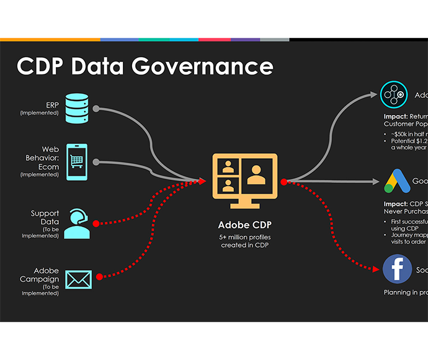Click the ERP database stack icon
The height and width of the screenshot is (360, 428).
(78, 109)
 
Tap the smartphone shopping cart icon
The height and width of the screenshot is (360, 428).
(77, 161)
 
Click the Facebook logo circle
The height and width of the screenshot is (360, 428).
(398, 270)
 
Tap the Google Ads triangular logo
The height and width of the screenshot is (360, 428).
(397, 181)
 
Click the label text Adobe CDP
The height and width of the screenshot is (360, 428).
(244, 225)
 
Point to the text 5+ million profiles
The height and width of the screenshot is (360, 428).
(244, 238)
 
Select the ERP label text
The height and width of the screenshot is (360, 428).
(52, 105)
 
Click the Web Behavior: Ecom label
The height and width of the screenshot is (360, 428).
(50, 158)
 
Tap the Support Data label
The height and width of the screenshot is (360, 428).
(45, 218)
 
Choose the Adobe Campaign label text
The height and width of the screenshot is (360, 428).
(47, 275)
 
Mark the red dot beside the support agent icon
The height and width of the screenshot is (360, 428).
(96, 223)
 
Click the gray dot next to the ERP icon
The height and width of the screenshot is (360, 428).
(96, 109)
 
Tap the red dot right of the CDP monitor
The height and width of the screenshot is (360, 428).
(283, 182)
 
